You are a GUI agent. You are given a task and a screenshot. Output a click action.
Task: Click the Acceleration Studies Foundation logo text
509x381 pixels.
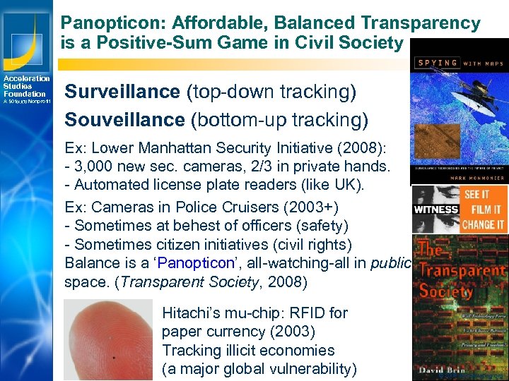pos(25,86)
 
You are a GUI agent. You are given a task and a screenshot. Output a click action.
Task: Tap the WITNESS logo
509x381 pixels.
pos(435,209)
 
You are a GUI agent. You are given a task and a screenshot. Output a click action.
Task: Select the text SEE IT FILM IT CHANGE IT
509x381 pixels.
pos(484,210)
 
